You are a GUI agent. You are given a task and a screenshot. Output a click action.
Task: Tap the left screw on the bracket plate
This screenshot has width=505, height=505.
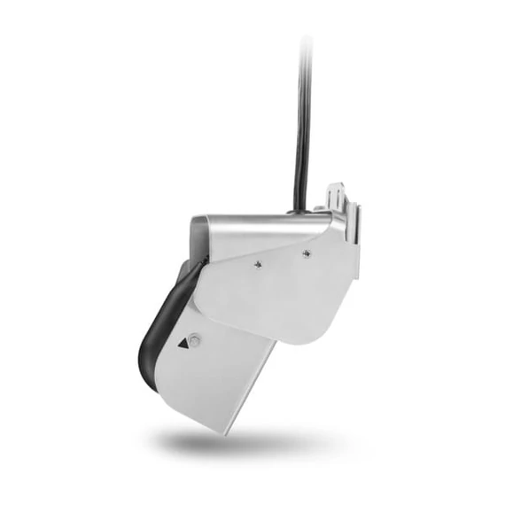click(258, 263)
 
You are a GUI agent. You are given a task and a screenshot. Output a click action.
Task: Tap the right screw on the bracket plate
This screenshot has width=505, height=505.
click(305, 253)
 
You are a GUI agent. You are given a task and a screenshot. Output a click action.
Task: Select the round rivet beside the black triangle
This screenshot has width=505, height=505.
click(197, 340)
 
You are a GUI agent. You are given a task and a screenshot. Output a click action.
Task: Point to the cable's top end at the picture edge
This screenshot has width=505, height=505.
click(307, 39)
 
